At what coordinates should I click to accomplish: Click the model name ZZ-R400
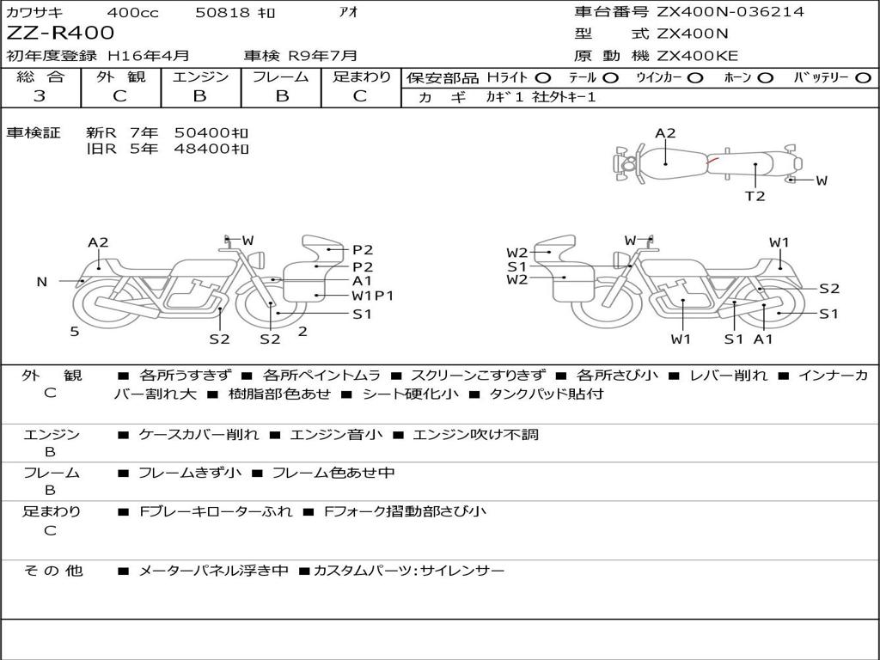point(60,33)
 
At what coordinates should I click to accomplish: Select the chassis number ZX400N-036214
point(730,11)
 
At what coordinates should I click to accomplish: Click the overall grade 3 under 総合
point(40,96)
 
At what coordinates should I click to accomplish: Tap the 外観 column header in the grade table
point(120,76)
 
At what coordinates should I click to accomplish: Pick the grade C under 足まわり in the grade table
point(360,96)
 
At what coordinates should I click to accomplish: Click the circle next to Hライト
point(543,78)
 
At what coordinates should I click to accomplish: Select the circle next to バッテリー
point(863,78)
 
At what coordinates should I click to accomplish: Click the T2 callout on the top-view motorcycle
point(755,196)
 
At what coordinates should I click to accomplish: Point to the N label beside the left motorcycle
point(41,282)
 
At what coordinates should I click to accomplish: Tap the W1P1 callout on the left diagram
point(373,296)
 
